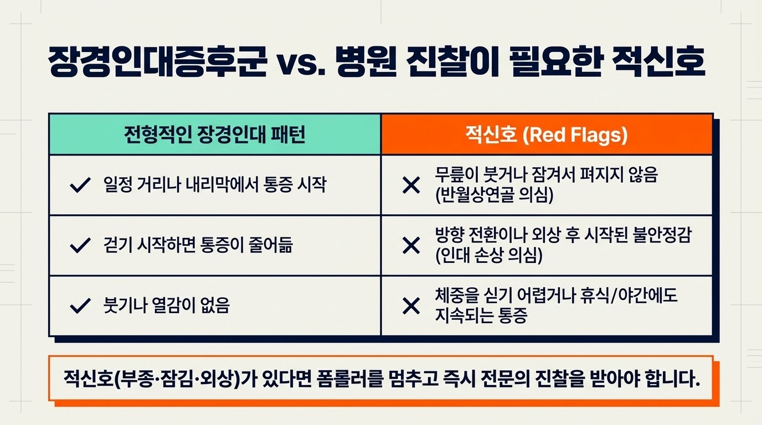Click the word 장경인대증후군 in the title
pyautogui.click(x=157, y=62)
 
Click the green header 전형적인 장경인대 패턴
pyautogui.click(x=214, y=134)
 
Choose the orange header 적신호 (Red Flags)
pyautogui.click(x=547, y=134)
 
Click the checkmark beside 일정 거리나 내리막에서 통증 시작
pyautogui.click(x=80, y=185)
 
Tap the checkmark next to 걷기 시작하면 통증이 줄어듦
pyautogui.click(x=80, y=245)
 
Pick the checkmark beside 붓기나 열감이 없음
pyautogui.click(x=80, y=305)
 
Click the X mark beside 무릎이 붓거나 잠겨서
pyautogui.click(x=411, y=185)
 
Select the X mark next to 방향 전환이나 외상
pyautogui.click(x=411, y=246)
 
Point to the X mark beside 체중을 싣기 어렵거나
pyautogui.click(x=411, y=305)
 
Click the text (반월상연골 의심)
pyautogui.click(x=495, y=195)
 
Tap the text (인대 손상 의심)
pyautogui.click(x=489, y=255)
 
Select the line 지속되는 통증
pyautogui.click(x=481, y=315)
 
